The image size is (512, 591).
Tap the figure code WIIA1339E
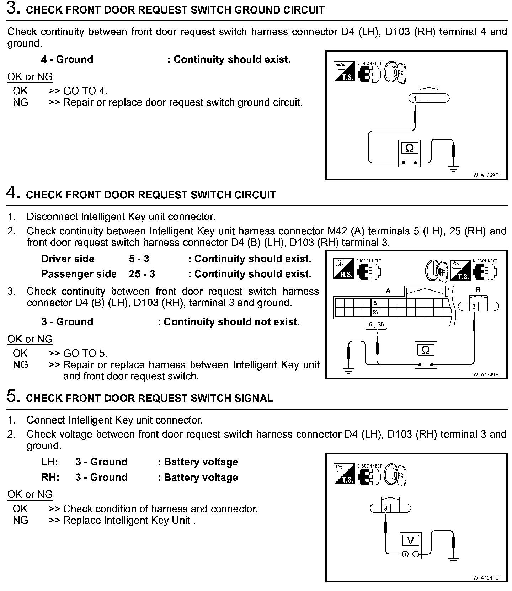[x=486, y=175]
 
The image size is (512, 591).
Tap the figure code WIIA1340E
[x=486, y=374]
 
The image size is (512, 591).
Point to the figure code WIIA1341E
[x=486, y=578]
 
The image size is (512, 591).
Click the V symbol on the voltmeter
[x=410, y=541]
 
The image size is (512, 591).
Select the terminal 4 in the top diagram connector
[x=415, y=98]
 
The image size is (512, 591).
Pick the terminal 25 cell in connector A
[x=375, y=312]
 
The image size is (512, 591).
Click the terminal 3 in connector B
[x=474, y=307]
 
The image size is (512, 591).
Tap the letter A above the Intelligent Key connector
[x=388, y=291]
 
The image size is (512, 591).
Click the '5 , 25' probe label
[x=376, y=324]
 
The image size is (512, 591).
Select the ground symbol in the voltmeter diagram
[x=453, y=560]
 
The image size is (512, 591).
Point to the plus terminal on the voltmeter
[x=405, y=554]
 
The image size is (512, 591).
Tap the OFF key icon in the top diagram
[x=396, y=73]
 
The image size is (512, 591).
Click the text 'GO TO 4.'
[x=85, y=91]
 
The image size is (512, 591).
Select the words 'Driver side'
[x=68, y=259]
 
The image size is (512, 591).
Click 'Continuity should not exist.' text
[x=231, y=322]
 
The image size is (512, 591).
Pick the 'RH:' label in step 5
[x=50, y=477]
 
